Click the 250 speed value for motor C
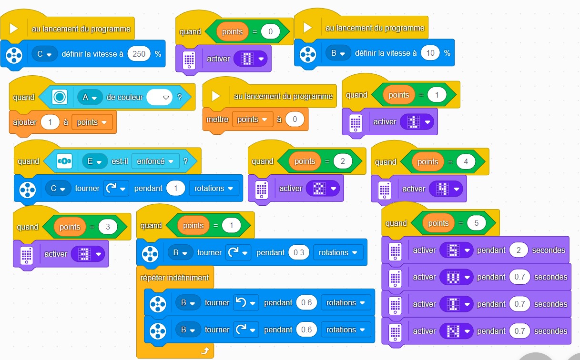[139, 54]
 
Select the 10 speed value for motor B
[430, 53]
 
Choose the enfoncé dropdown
[155, 161]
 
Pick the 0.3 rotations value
[299, 252]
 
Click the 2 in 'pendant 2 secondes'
[519, 250]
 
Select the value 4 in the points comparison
[466, 162]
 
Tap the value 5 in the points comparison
[476, 223]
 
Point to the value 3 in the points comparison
[108, 227]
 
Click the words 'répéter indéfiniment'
[174, 278]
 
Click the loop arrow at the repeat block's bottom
[205, 351]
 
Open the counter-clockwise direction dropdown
[245, 303]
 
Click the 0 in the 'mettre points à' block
[295, 120]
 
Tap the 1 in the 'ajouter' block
[50, 122]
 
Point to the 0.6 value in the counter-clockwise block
[306, 303]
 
